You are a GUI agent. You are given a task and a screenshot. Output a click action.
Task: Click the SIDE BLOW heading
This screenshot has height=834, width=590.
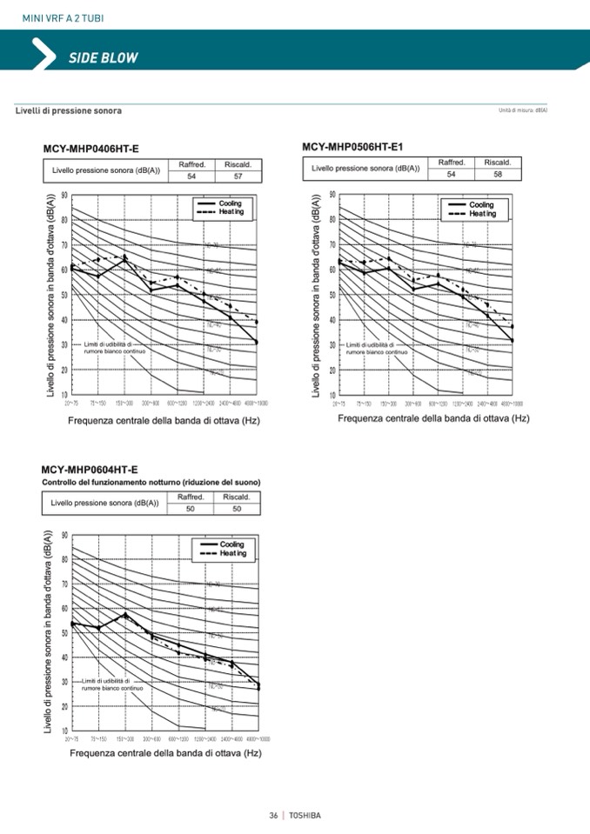pyautogui.click(x=103, y=57)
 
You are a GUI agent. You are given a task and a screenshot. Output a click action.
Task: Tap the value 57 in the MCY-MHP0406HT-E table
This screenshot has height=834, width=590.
pyautogui.click(x=238, y=177)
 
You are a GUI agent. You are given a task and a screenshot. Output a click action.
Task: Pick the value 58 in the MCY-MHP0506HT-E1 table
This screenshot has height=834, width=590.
pyautogui.click(x=498, y=174)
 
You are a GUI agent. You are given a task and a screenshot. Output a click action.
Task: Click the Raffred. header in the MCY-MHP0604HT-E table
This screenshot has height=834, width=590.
pyautogui.click(x=191, y=497)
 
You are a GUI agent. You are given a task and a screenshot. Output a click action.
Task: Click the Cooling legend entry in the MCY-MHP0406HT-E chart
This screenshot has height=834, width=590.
pyautogui.click(x=230, y=203)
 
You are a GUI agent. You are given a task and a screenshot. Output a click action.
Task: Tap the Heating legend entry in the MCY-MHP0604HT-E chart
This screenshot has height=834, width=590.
pyautogui.click(x=231, y=553)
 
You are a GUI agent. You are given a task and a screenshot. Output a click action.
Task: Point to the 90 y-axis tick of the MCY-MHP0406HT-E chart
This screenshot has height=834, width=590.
pyautogui.click(x=64, y=195)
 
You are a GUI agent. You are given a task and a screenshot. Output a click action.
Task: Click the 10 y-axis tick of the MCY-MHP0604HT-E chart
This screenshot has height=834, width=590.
pyautogui.click(x=64, y=730)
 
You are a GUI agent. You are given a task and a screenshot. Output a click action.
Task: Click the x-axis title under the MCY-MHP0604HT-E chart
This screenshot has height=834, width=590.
pyautogui.click(x=165, y=752)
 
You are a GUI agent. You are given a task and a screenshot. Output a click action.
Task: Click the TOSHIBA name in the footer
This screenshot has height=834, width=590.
pyautogui.click(x=305, y=815)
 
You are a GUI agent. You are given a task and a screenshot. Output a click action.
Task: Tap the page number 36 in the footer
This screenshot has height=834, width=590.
pyautogui.click(x=273, y=815)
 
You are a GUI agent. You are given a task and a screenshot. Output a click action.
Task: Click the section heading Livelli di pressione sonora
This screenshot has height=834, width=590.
pyautogui.click(x=69, y=110)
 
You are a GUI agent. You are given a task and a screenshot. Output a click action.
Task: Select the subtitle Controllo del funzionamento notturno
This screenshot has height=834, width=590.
pyautogui.click(x=152, y=482)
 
